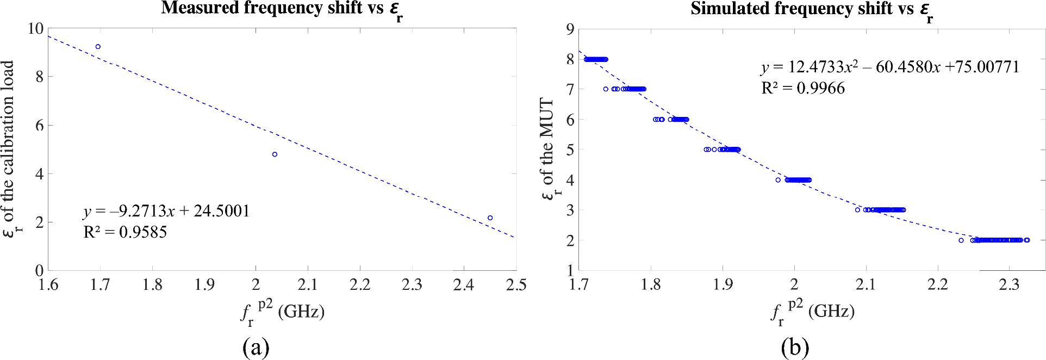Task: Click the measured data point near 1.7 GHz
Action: point(98,47)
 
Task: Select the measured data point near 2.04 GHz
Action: point(275,154)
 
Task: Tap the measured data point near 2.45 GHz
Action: point(490,218)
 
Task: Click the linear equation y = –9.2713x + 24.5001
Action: point(166,211)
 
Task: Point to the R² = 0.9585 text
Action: point(125,232)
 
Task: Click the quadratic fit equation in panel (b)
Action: point(890,67)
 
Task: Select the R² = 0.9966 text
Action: point(803,88)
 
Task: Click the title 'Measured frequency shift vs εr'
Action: point(282,9)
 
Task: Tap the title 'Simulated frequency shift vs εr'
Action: point(811,10)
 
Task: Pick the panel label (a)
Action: point(256,347)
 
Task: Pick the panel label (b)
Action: point(795,347)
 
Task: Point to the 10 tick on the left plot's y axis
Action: point(35,28)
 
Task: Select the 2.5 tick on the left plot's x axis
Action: point(516,284)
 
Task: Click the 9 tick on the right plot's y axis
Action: point(570,29)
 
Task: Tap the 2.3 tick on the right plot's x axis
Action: point(1009,284)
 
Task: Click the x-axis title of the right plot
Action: point(812,312)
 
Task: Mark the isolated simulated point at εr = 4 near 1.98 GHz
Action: point(778,180)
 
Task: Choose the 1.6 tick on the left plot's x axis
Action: point(48,284)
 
